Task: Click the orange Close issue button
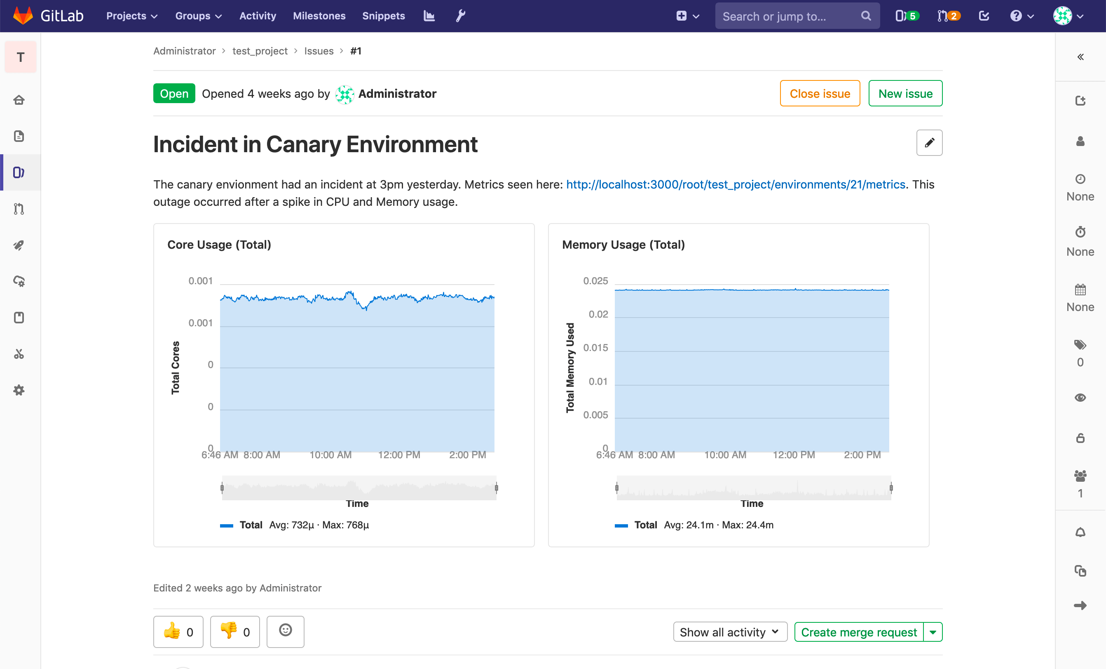[820, 94]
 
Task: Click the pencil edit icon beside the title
[929, 143]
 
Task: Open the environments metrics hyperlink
[736, 185]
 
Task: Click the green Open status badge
[174, 94]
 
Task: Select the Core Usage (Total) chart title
[219, 245]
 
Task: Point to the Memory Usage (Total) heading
[623, 245]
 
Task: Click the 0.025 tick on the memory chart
[595, 281]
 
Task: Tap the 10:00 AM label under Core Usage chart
[330, 455]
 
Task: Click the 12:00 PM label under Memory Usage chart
[794, 455]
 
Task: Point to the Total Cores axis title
[176, 368]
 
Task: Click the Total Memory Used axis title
[570, 368]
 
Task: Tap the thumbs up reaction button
[178, 632]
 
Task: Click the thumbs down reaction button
[235, 632]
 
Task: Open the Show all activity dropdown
[730, 632]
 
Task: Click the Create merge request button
[859, 632]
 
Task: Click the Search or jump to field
[790, 16]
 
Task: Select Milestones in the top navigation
[319, 16]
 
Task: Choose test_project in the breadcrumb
[260, 51]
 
